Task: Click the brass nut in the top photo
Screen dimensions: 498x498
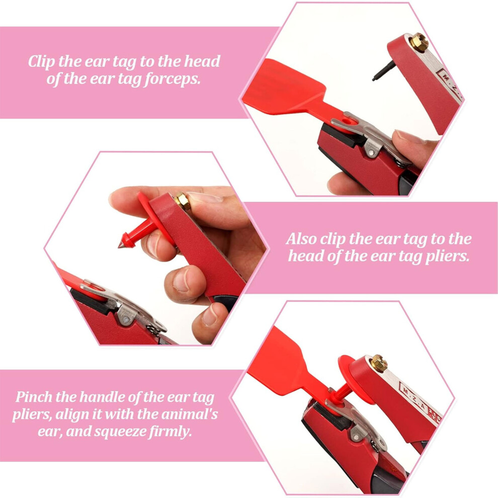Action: [x=419, y=43]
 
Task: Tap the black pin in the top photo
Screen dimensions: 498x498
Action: [x=384, y=71]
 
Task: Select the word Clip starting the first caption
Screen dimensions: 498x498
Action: [x=41, y=62]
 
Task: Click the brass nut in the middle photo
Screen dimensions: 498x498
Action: [x=182, y=201]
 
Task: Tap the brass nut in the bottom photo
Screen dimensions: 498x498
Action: [x=379, y=363]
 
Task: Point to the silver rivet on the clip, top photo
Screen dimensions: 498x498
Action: [x=370, y=153]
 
